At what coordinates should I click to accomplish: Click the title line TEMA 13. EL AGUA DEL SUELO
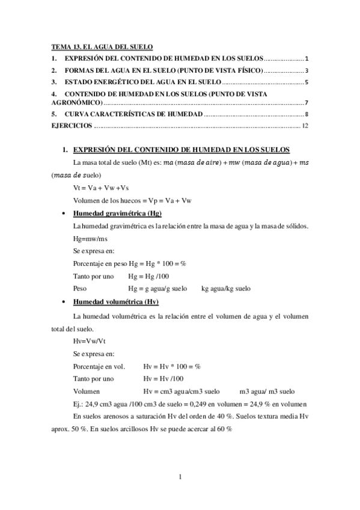click(x=102, y=46)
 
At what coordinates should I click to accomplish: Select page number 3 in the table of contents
click(x=307, y=70)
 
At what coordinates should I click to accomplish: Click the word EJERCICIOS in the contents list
click(x=72, y=126)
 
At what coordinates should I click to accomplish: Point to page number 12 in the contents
click(x=305, y=126)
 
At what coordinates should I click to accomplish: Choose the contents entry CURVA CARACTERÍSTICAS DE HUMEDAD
click(x=134, y=114)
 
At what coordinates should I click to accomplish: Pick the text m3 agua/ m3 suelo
click(x=266, y=390)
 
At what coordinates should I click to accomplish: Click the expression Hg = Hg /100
click(x=150, y=276)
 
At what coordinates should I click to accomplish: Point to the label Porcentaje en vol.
click(x=99, y=366)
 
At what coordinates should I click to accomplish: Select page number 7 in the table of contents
click(x=307, y=103)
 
